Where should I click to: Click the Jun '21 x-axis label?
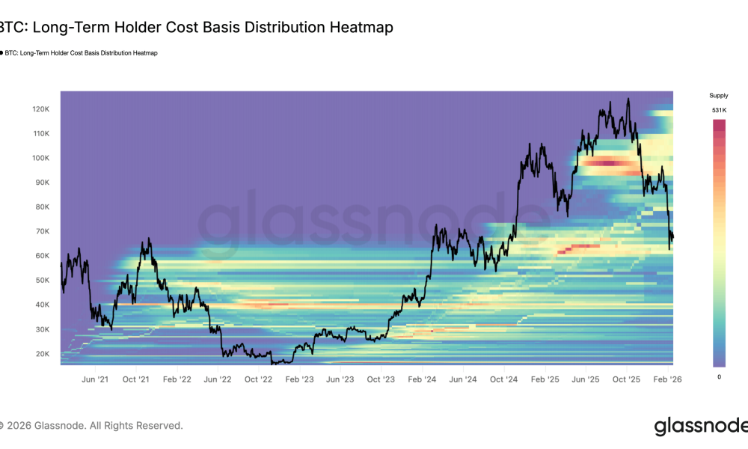point(95,379)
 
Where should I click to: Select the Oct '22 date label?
point(258,379)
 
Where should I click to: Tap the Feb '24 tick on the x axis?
point(422,379)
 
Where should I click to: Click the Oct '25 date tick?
point(627,379)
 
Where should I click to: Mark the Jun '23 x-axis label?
point(340,379)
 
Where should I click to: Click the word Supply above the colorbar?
point(718,96)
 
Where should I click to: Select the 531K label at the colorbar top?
point(718,111)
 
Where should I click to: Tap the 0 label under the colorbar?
point(719,376)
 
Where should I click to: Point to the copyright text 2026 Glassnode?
point(91,426)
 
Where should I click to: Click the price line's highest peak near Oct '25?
point(628,99)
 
